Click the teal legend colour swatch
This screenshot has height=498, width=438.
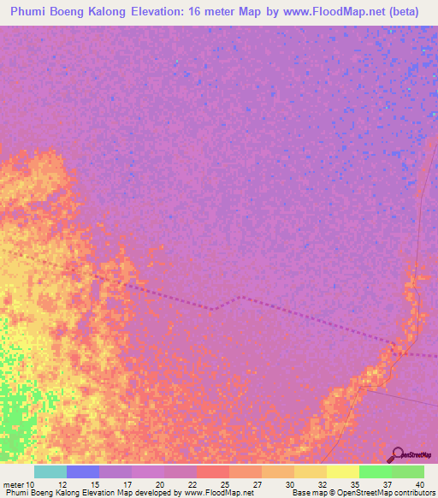50,471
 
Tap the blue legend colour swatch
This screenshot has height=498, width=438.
83,471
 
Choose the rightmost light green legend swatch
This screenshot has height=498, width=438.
407,471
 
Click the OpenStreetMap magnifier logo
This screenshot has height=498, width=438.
398,454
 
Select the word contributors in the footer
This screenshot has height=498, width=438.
412,493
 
